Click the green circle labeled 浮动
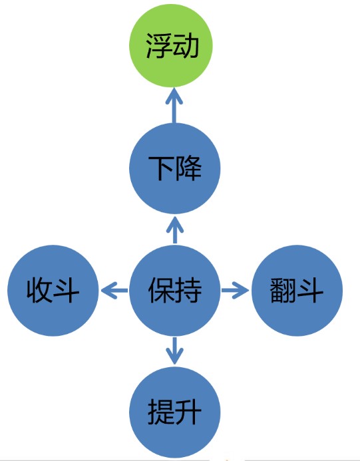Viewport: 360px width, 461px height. (170, 46)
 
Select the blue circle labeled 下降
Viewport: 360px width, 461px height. (175, 168)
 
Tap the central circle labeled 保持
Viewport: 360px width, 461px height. (175, 291)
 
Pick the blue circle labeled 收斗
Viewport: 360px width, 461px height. (53, 291)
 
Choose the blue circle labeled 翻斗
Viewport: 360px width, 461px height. (297, 291)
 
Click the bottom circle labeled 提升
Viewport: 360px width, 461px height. (175, 412)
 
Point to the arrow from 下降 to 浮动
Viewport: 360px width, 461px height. (174, 105)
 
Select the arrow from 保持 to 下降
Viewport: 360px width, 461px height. (175, 230)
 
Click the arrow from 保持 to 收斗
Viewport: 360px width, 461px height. (114, 291)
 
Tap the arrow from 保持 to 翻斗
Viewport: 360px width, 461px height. (235, 291)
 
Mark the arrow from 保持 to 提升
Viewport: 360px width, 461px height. (175, 351)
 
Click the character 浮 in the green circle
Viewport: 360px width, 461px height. (158, 46)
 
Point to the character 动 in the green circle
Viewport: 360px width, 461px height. (185, 46)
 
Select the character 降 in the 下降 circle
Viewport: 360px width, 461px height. (188, 168)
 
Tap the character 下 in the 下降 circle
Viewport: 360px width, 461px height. (161, 168)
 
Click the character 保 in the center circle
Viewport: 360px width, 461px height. (161, 291)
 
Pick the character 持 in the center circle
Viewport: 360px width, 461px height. (188, 291)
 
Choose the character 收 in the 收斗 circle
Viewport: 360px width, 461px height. (39, 291)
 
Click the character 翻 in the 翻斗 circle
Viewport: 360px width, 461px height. (283, 291)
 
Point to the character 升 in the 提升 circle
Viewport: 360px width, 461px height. (188, 412)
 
